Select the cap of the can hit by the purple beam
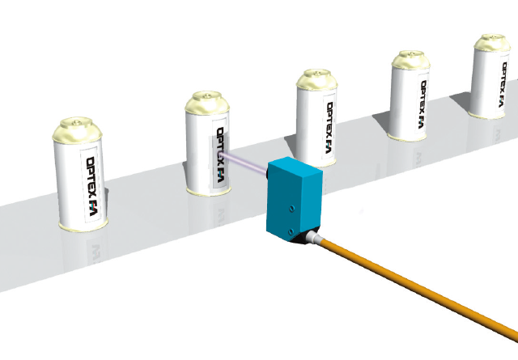[x=206, y=104]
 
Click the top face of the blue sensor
[x=297, y=171]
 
